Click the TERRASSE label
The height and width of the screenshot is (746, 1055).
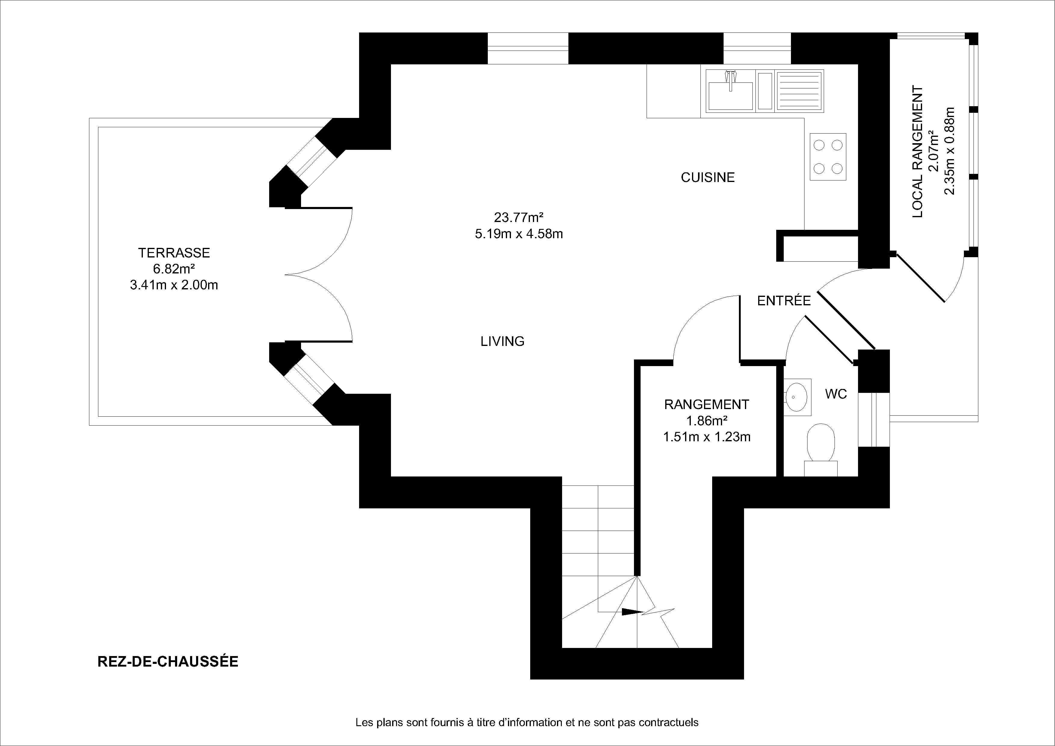coord(174,253)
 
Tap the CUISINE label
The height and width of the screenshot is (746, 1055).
coord(708,177)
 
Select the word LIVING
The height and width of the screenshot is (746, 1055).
coord(503,341)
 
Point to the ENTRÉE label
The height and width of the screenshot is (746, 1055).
coord(784,301)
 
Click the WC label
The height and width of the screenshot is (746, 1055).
coord(836,394)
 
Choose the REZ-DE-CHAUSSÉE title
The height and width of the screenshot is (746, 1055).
coord(168,661)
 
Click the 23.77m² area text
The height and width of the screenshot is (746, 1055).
coord(519,217)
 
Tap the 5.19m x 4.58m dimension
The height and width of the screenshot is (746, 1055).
coord(519,234)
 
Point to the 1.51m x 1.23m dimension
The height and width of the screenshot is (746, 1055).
coord(707,437)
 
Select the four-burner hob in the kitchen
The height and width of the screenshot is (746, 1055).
coord(828,157)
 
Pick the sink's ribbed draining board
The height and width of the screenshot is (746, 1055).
coord(799,91)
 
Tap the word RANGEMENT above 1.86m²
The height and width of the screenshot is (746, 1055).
coord(707,405)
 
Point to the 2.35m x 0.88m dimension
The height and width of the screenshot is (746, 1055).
coord(950,151)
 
